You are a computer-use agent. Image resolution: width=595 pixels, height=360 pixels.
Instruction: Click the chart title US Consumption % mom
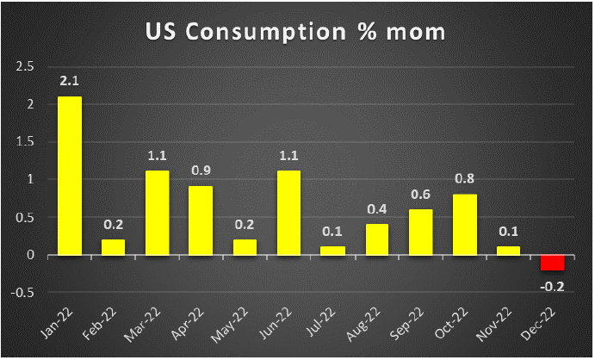point(297,34)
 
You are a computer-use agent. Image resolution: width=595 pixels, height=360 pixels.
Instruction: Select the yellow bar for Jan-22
point(69,176)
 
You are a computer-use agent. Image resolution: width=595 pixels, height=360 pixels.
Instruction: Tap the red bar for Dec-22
point(553,263)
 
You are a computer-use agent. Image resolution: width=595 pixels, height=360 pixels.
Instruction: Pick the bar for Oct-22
point(465,225)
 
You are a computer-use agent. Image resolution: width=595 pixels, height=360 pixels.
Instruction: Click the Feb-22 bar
point(113,247)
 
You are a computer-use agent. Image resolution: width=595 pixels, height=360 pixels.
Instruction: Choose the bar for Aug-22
point(377,239)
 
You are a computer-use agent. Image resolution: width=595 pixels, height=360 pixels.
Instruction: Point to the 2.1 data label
point(69,82)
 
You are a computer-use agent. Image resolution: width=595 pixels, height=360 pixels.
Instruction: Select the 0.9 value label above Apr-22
point(201,171)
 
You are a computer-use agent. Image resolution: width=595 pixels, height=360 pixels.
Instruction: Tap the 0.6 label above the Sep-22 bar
point(421,195)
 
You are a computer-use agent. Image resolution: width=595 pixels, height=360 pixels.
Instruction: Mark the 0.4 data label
point(377,209)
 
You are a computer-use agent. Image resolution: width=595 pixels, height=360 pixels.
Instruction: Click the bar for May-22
point(245,247)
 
